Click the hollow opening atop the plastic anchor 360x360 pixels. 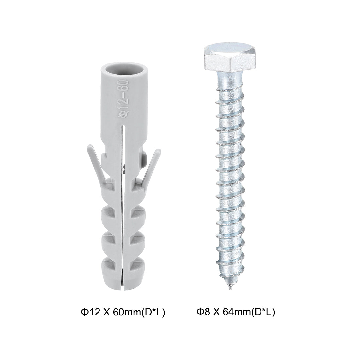point(122,70)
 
